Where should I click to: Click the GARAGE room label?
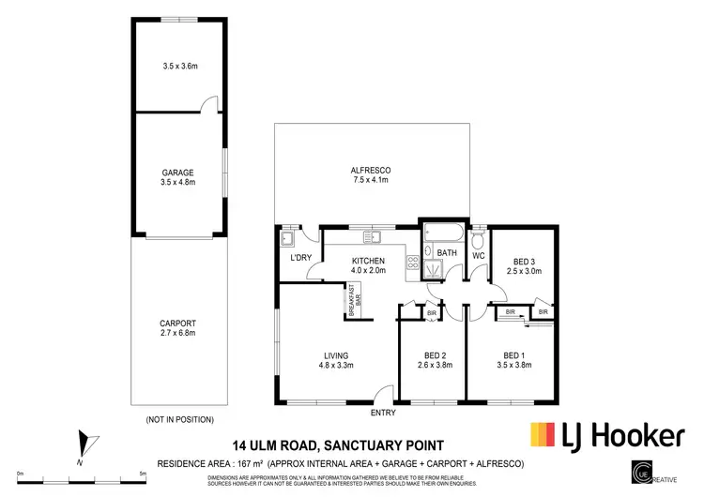(x=177, y=173)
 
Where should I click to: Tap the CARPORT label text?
(x=177, y=323)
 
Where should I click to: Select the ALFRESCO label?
(x=371, y=170)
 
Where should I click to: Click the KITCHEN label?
(x=369, y=260)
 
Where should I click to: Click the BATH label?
(x=447, y=252)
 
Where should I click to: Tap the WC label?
(x=477, y=255)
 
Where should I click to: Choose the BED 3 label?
(x=524, y=262)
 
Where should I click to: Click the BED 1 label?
(x=513, y=355)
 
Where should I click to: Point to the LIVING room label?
(x=336, y=355)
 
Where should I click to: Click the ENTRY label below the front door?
(x=383, y=413)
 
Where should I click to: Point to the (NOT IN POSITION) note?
(x=180, y=419)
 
